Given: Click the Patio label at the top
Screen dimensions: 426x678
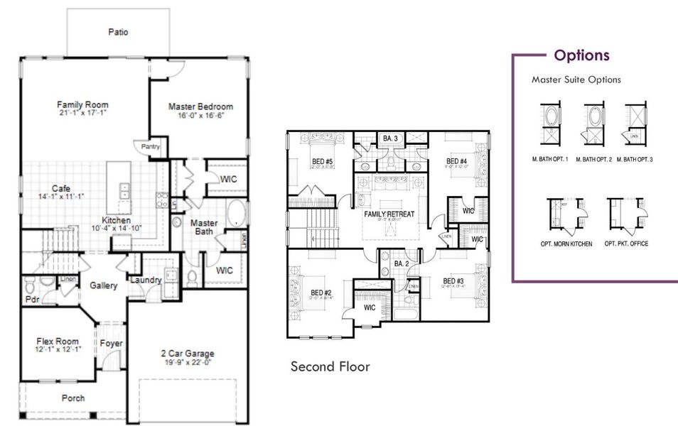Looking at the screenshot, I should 119,32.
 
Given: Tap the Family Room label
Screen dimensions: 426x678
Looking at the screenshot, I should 83,105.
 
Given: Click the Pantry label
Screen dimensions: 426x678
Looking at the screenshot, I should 151,147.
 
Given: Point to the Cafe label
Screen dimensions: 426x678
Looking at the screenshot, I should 60,188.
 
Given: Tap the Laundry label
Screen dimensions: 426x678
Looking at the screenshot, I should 146,280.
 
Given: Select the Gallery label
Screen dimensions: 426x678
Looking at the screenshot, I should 104,285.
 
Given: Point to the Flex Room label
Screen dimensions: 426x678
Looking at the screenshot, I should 58,342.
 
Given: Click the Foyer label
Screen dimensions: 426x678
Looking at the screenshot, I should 111,344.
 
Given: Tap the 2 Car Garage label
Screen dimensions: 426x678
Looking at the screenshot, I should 188,354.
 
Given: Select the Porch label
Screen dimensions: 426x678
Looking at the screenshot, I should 73,398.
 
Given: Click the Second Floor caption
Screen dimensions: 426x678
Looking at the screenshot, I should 330,367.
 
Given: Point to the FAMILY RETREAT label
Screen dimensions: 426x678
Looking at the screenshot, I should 389,214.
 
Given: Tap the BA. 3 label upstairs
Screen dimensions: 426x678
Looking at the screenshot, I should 389,138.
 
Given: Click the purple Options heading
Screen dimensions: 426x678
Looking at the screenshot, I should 581,55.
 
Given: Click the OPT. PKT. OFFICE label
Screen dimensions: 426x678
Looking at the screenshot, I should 626,244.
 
